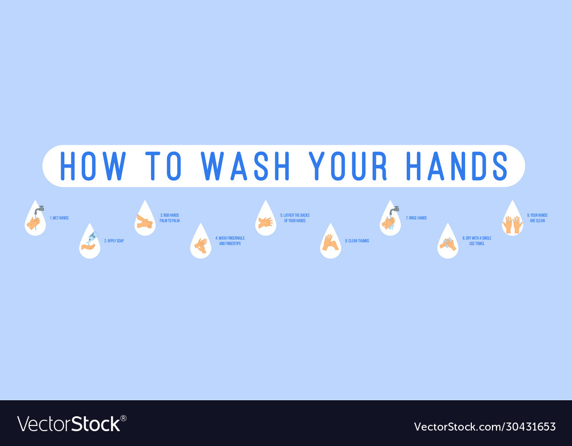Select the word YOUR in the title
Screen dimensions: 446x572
[x=348, y=166]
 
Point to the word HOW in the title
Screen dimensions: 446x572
[x=93, y=166]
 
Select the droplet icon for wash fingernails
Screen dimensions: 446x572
[x=201, y=242]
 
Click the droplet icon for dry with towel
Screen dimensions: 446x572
[x=447, y=242]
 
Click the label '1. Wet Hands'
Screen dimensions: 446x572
[x=59, y=218]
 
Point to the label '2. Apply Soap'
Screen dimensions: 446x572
[x=114, y=241]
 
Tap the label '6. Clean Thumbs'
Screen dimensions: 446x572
[x=357, y=241]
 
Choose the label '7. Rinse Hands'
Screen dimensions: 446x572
[x=416, y=218]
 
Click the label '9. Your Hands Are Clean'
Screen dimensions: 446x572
[x=537, y=218]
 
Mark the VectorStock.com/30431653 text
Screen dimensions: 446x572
[x=484, y=427]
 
